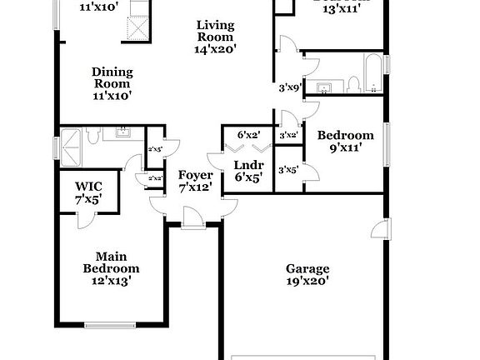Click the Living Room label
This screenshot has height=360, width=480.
[x=216, y=31]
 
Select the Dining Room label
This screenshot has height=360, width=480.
[x=112, y=77]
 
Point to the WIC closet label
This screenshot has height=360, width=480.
[x=87, y=187]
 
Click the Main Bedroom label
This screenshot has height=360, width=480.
[x=111, y=262]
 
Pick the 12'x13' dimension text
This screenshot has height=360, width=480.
[x=111, y=281]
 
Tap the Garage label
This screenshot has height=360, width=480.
[x=307, y=269]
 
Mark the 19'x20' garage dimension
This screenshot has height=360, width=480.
[x=307, y=282]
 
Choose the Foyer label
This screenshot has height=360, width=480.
[x=195, y=176]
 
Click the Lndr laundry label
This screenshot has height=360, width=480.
[x=248, y=165]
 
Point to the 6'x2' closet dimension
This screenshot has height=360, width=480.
[x=248, y=135]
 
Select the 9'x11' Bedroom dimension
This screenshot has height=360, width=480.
[x=344, y=149]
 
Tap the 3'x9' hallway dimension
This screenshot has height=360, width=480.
[x=288, y=86]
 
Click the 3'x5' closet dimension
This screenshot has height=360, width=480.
[x=288, y=170]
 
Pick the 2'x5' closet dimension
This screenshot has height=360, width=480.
[x=155, y=149]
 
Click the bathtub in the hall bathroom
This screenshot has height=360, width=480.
[x=373, y=74]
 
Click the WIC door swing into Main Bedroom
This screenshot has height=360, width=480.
[x=83, y=218]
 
